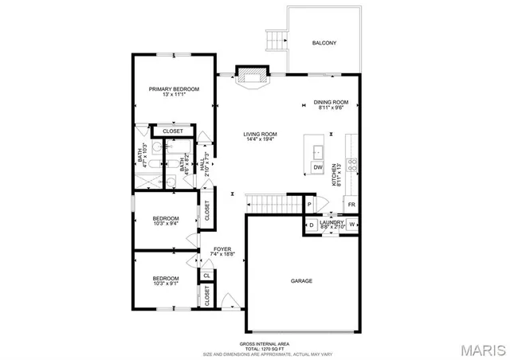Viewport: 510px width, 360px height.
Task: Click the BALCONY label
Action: [324, 42]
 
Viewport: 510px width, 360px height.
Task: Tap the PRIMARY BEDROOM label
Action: [174, 88]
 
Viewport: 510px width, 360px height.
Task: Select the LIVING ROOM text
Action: [260, 134]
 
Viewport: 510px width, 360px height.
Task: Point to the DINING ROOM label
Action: [331, 102]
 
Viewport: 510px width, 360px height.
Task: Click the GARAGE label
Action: [301, 281]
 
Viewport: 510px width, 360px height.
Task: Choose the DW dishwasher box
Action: [317, 167]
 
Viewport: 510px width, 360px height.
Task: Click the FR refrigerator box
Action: [351, 205]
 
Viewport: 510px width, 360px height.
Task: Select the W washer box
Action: [351, 225]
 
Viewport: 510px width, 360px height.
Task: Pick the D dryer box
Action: [312, 225]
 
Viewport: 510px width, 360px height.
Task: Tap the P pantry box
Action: [309, 205]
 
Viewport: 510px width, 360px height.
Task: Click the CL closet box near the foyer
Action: [206, 276]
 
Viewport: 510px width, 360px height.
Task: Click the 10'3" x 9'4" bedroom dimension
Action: [166, 224]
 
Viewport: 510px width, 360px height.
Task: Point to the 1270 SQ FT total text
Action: [253, 349]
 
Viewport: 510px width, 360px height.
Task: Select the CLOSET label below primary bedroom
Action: [173, 131]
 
